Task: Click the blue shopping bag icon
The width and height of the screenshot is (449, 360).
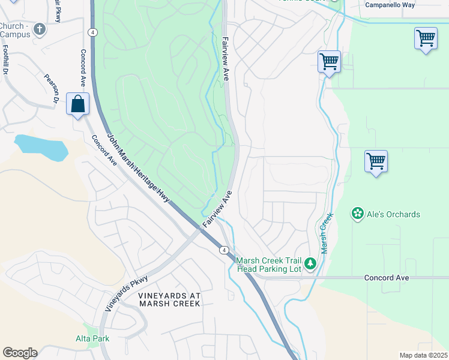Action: click(78, 104)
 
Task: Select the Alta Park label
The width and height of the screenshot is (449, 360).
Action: click(92, 338)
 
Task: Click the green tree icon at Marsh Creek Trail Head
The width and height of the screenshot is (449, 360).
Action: click(310, 263)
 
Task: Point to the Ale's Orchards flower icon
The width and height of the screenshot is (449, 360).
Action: click(358, 214)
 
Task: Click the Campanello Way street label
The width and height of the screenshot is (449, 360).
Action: click(391, 4)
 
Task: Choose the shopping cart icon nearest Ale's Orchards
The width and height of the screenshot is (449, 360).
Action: click(376, 161)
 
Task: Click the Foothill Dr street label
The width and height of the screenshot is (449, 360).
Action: click(5, 59)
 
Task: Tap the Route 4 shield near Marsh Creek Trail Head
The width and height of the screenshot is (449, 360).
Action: click(223, 250)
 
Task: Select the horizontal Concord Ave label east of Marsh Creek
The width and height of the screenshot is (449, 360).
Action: click(387, 278)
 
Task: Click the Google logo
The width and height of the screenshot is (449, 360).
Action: click(20, 353)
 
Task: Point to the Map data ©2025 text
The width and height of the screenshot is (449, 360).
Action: click(423, 355)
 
